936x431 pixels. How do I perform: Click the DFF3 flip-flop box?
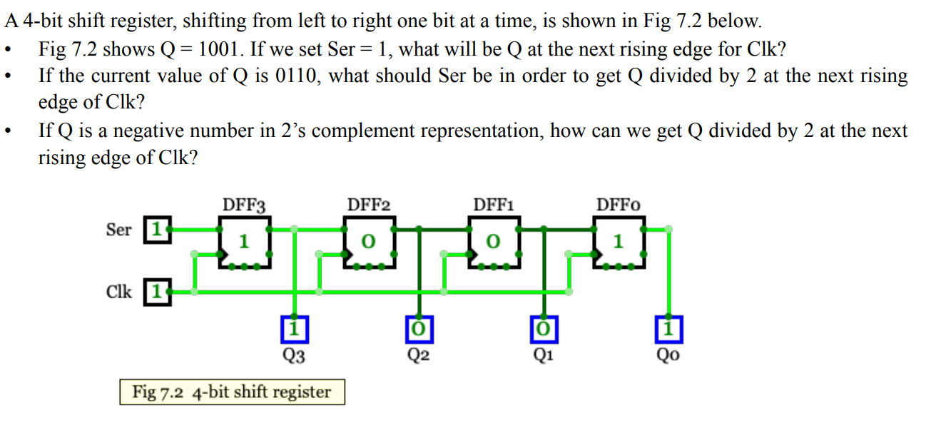click(244, 243)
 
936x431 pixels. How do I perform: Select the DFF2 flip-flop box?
click(368, 243)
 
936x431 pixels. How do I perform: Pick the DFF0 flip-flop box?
click(618, 243)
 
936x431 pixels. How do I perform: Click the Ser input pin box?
click(158, 230)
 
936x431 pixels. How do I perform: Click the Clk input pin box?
click(158, 291)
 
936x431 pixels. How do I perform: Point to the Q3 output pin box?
click(294, 328)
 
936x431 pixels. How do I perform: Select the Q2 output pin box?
click(419, 328)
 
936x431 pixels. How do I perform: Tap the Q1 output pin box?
click(544, 328)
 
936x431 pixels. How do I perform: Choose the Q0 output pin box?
click(668, 328)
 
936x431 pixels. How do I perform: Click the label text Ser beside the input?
click(118, 230)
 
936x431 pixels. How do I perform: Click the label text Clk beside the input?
click(118, 292)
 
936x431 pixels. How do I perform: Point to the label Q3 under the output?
click(294, 355)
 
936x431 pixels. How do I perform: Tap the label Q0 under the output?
click(669, 355)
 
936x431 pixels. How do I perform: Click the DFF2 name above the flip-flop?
click(368, 206)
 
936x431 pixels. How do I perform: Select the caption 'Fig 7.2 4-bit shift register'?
click(232, 392)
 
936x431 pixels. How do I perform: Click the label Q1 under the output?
click(544, 355)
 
